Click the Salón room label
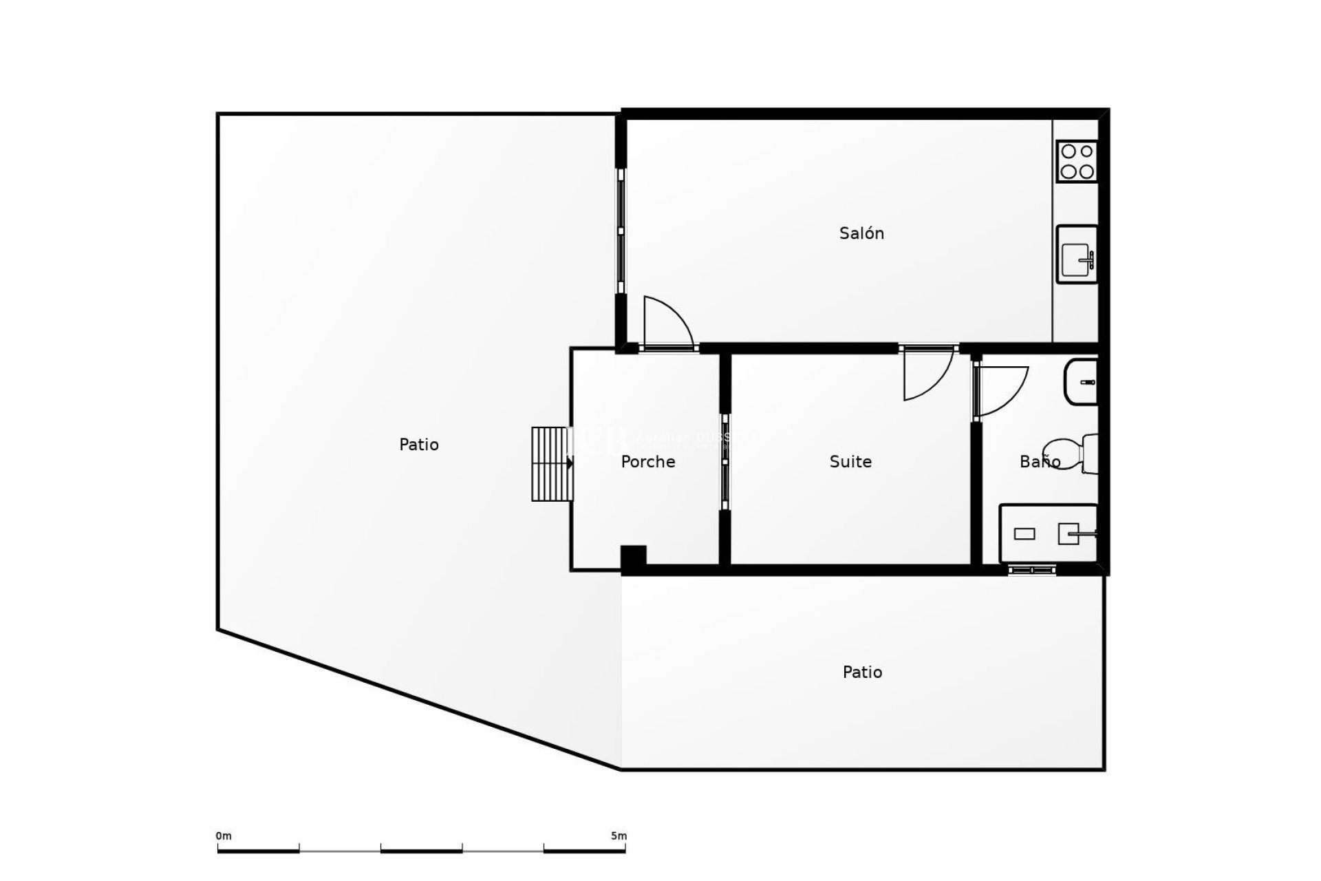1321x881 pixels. point(861,233)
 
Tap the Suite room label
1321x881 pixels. point(850,462)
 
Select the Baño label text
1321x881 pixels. point(1040,462)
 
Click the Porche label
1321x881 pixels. point(647,462)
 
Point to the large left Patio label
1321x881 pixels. point(418,445)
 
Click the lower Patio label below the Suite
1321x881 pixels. point(862,672)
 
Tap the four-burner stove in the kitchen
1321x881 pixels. point(1077,161)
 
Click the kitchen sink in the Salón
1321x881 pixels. point(1077,254)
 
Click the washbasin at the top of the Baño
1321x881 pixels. point(1081,382)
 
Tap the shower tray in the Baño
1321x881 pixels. point(1047,533)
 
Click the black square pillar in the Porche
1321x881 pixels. point(633,557)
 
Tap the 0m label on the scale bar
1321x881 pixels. point(224,836)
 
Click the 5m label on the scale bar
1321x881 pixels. point(619,836)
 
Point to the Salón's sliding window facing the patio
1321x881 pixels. point(621,231)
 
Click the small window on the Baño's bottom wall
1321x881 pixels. point(1031,569)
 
